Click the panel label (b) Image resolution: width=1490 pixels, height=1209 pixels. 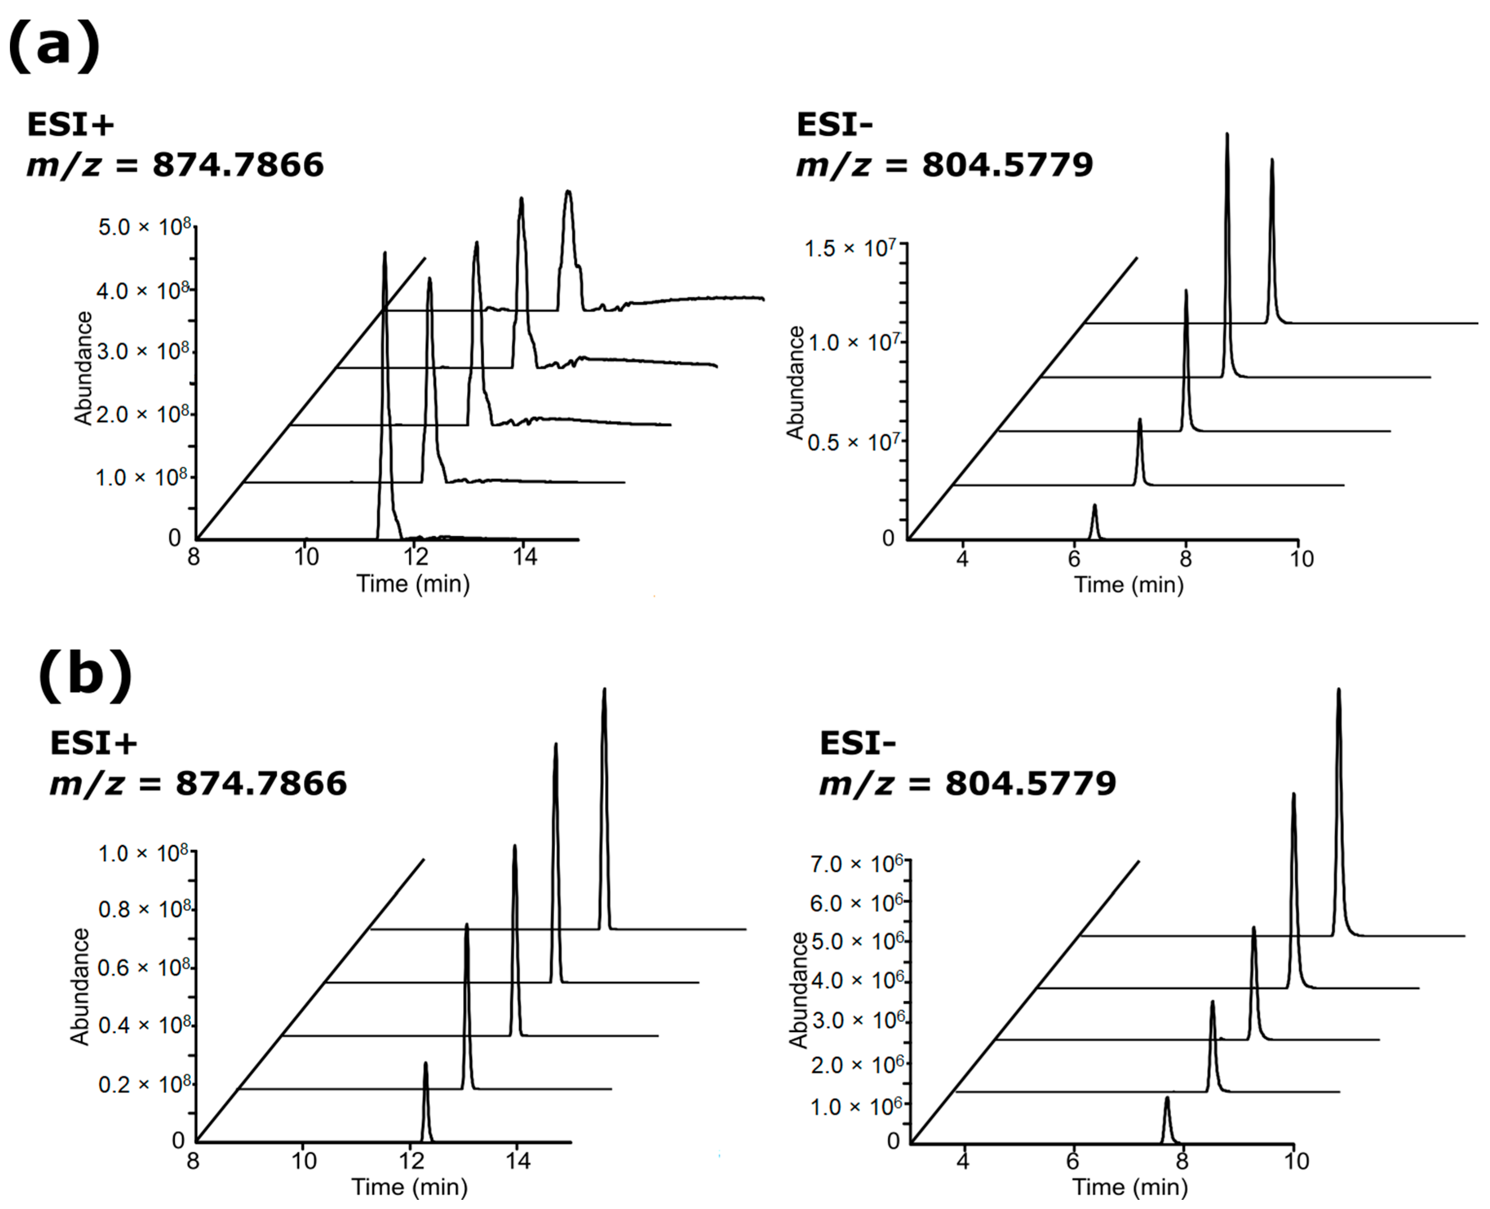pyautogui.click(x=84, y=674)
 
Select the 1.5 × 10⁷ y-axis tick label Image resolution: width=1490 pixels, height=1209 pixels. pyautogui.click(x=850, y=248)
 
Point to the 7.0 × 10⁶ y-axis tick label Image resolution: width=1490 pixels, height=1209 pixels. pyautogui.click(x=856, y=864)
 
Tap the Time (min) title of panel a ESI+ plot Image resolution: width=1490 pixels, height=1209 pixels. pyautogui.click(x=413, y=584)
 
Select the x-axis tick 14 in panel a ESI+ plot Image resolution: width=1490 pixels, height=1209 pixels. pyautogui.click(x=526, y=557)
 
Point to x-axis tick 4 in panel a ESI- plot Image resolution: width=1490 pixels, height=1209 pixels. pyautogui.click(x=962, y=559)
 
